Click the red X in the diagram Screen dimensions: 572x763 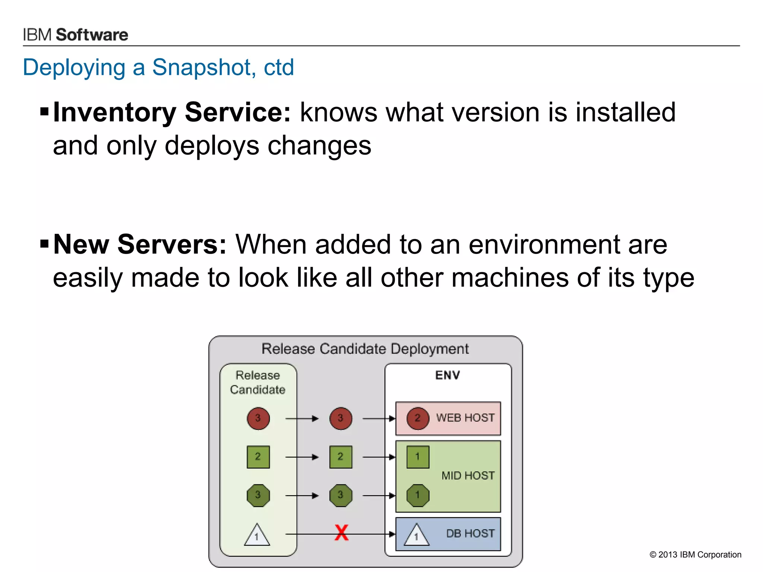pyautogui.click(x=341, y=533)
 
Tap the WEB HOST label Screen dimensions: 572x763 pyautogui.click(x=465, y=418)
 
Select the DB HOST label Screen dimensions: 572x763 pyautogui.click(x=470, y=534)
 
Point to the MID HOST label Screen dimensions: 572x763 pyautogui.click(x=468, y=476)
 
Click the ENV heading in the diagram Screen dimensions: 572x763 pyautogui.click(x=447, y=375)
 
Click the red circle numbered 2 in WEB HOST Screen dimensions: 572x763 pyautogui.click(x=418, y=418)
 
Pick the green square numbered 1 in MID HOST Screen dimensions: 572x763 pyautogui.click(x=418, y=457)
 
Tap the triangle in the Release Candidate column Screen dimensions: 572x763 pyautogui.click(x=257, y=536)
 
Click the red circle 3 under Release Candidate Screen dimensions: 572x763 pyautogui.click(x=258, y=418)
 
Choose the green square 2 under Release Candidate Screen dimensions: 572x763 pyautogui.click(x=258, y=457)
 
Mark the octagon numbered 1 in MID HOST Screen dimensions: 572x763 pyautogui.click(x=418, y=495)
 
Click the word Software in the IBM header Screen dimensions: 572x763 pyautogui.click(x=92, y=35)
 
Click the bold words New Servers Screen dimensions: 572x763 pyautogui.click(x=140, y=244)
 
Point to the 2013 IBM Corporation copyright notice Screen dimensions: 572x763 pyautogui.click(x=695, y=554)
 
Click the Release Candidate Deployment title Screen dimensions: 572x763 pyautogui.click(x=365, y=349)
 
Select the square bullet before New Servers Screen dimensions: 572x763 pyautogui.click(x=44, y=244)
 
